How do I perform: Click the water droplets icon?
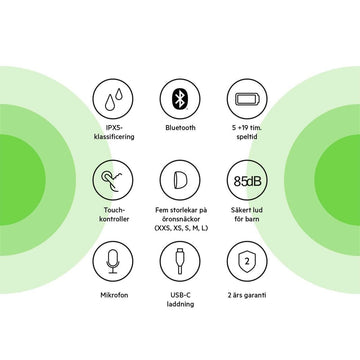(113, 99)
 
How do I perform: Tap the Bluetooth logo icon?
(180, 99)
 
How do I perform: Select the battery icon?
(247, 99)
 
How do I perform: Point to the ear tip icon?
(180, 180)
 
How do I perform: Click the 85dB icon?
(247, 180)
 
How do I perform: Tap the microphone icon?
(113, 261)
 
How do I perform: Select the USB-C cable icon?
(180, 261)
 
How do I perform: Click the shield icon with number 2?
(247, 261)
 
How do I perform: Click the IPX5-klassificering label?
(114, 132)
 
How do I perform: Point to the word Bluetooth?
(180, 128)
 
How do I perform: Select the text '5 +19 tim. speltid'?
(247, 132)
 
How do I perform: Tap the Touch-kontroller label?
(114, 215)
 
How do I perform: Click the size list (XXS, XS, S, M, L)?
(181, 228)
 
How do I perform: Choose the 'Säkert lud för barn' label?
(247, 215)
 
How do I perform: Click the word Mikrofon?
(114, 295)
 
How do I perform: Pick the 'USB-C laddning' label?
(180, 300)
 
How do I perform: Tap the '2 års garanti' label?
(247, 295)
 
